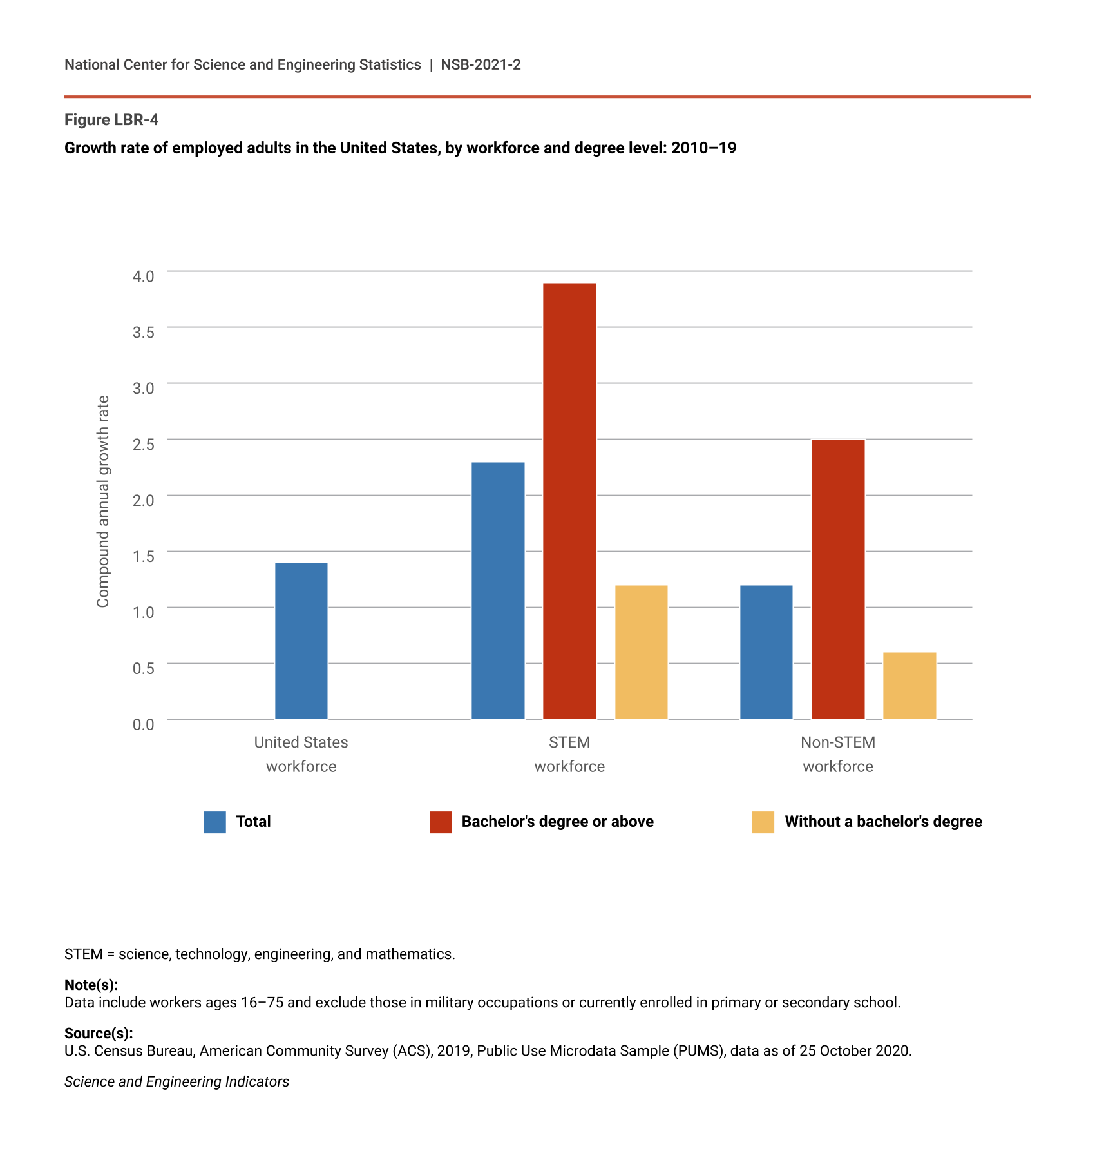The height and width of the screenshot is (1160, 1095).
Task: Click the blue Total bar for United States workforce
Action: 301,641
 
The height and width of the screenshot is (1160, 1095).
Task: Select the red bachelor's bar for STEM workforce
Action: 569,501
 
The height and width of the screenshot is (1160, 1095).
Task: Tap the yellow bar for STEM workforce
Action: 641,652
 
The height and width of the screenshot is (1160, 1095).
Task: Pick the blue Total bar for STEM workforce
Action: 498,590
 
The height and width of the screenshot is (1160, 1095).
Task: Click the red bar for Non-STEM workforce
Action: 838,579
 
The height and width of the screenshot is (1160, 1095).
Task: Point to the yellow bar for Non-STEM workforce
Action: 909,685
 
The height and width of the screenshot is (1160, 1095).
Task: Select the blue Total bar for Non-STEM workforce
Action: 766,652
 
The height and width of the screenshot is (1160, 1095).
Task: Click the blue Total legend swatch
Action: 214,822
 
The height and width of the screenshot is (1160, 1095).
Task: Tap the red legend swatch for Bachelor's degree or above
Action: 441,822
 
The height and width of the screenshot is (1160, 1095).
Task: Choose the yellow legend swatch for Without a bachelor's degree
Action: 763,822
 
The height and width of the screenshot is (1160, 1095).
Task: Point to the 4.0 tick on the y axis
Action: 144,276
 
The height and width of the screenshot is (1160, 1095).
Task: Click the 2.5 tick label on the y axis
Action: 144,444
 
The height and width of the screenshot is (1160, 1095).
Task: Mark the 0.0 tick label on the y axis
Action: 144,724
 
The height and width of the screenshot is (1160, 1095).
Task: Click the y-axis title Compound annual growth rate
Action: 103,501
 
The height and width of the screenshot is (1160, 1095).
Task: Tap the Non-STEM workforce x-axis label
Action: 838,754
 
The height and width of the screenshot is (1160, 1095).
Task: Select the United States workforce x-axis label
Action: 301,754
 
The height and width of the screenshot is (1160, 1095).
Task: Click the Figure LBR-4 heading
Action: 111,120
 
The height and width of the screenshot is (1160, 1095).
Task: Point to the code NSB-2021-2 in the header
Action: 481,64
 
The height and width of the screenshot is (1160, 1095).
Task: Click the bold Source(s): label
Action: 99,1033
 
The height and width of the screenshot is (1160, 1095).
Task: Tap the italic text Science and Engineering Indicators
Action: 176,1081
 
